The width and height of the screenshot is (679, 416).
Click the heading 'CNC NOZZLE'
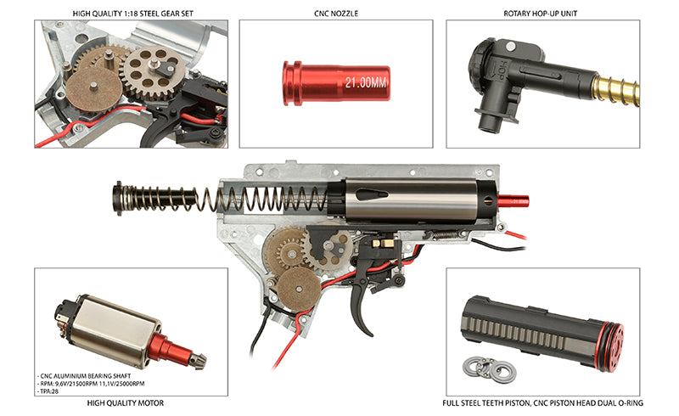pos(336,14)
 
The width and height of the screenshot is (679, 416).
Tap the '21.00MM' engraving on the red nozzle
pos(366,82)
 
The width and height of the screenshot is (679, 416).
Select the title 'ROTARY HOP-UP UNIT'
pos(540,14)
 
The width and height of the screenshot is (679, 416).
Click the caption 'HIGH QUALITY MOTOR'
pos(126,403)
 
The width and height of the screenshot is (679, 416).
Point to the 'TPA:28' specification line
pos(48,391)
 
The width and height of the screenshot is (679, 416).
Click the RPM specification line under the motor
pos(92,384)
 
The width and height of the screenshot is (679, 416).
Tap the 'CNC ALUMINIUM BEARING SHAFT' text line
pos(84,376)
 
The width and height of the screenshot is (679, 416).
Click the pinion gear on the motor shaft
pos(198,362)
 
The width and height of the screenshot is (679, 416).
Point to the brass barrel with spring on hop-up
pos(616,92)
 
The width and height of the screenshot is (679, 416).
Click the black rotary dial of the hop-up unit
pos(479,65)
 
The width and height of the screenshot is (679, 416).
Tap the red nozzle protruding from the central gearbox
pos(513,201)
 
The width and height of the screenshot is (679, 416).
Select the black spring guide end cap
pos(117,199)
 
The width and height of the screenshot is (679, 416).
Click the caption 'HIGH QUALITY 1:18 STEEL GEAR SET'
pos(133,14)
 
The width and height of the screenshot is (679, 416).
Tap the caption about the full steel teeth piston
pos(542,403)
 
